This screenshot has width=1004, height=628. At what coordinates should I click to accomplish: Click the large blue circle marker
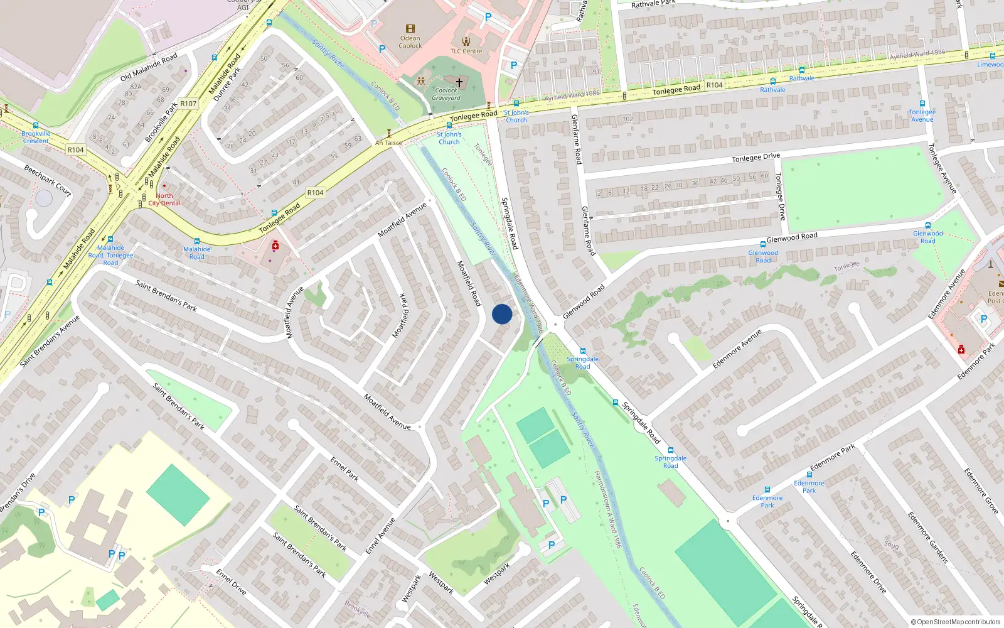click(502, 314)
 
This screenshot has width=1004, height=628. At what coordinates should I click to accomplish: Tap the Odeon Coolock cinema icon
click(410, 29)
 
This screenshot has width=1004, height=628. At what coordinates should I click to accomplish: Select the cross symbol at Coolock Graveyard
click(459, 82)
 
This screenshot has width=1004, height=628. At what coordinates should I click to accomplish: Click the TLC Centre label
click(466, 51)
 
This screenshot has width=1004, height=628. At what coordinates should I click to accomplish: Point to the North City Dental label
click(164, 199)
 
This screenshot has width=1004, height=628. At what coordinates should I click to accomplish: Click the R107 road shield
click(188, 104)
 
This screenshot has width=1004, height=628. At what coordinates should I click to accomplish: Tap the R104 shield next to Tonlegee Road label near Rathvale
click(714, 85)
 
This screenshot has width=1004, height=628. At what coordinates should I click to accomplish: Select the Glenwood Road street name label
click(792, 237)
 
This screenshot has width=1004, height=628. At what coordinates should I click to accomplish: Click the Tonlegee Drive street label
click(756, 157)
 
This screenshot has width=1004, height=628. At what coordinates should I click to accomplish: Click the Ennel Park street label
click(344, 469)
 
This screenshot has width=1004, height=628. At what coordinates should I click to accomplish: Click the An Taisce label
click(388, 143)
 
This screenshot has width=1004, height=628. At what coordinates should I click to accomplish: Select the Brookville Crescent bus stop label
click(36, 137)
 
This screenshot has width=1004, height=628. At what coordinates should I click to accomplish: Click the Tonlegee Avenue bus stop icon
click(922, 104)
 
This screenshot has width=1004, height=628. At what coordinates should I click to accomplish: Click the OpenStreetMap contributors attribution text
click(955, 622)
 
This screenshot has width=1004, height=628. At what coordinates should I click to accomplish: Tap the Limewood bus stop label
click(990, 65)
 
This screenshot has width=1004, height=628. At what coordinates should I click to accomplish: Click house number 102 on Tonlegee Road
click(627, 119)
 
